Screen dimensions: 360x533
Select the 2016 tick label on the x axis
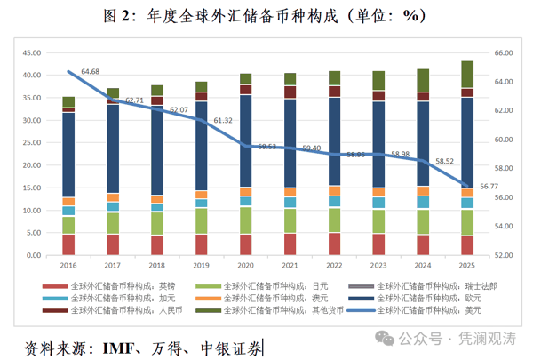point(68,265)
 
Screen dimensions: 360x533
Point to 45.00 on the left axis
point(31,52)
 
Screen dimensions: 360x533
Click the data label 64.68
point(90,70)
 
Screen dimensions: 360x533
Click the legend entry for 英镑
point(124,286)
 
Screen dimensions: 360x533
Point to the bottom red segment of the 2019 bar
point(202,244)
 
